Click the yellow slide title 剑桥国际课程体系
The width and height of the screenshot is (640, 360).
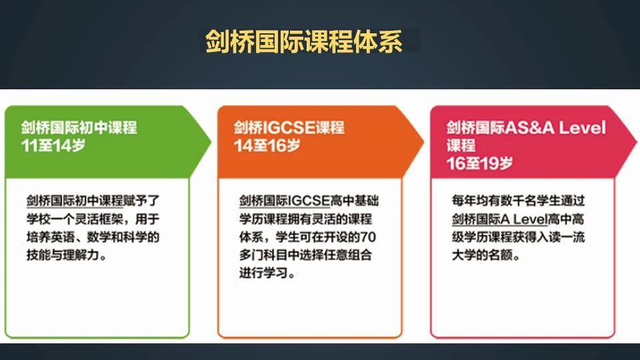click(304, 41)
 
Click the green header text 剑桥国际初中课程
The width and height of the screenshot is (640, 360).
click(79, 127)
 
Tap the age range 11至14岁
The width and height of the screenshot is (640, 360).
click(53, 145)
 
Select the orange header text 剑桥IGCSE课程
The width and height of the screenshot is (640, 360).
click(289, 127)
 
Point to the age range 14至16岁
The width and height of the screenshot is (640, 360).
click(267, 145)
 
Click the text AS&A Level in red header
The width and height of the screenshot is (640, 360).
click(555, 128)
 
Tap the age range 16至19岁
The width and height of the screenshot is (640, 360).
click(479, 163)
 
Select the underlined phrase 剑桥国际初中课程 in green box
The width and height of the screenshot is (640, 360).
click(75, 201)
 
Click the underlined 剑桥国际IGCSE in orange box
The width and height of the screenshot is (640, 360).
click(285, 201)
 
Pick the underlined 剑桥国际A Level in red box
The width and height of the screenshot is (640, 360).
click(499, 219)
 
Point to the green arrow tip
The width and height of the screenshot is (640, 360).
click(211, 142)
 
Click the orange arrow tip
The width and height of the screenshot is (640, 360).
click(424, 142)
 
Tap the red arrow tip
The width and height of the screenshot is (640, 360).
click(637, 142)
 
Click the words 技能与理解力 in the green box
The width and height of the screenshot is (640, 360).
click(63, 255)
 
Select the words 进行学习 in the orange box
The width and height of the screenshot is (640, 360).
click(263, 273)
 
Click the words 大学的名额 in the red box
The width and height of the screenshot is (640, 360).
click(482, 255)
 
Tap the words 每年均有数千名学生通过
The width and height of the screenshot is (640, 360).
click(519, 201)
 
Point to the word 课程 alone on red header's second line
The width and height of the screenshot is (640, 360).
click(461, 145)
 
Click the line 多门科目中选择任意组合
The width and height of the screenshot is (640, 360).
click(306, 255)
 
